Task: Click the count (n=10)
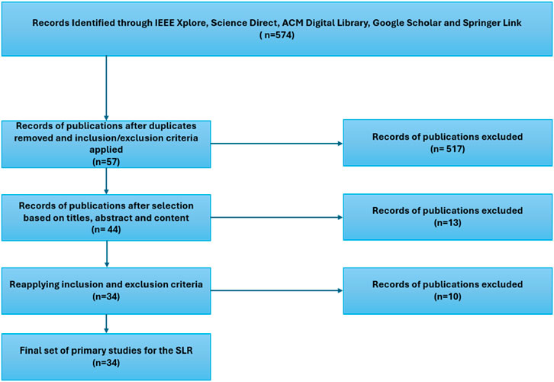point(447,296)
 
